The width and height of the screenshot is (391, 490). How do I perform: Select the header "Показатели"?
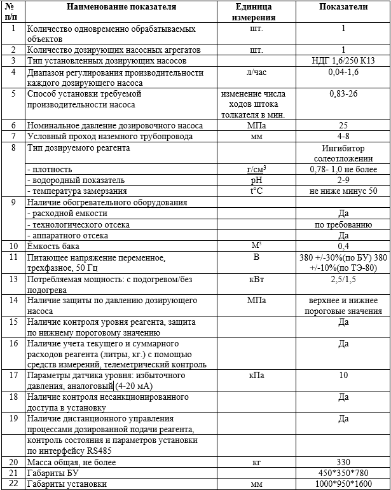pos(343,8)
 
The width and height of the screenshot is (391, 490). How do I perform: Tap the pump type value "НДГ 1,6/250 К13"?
pos(343,60)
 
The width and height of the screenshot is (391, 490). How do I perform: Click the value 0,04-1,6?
pos(343,72)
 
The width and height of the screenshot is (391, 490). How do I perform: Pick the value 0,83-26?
pos(343,93)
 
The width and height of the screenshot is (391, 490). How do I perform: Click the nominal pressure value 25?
pos(343,126)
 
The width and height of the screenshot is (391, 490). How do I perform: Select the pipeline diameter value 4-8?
pos(343,137)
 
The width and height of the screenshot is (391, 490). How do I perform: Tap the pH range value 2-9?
pos(343,180)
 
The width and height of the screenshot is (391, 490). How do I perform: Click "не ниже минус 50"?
pos(343,191)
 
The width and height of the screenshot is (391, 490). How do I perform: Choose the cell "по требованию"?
pos(343,224)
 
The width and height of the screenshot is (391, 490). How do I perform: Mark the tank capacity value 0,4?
pos(343,246)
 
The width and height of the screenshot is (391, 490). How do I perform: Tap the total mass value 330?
pos(343,463)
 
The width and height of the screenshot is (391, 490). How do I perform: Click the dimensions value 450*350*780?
pos(343,473)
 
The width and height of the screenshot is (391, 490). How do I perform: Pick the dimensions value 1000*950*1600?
pos(343,484)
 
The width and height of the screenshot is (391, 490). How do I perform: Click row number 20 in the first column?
pos(13,463)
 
